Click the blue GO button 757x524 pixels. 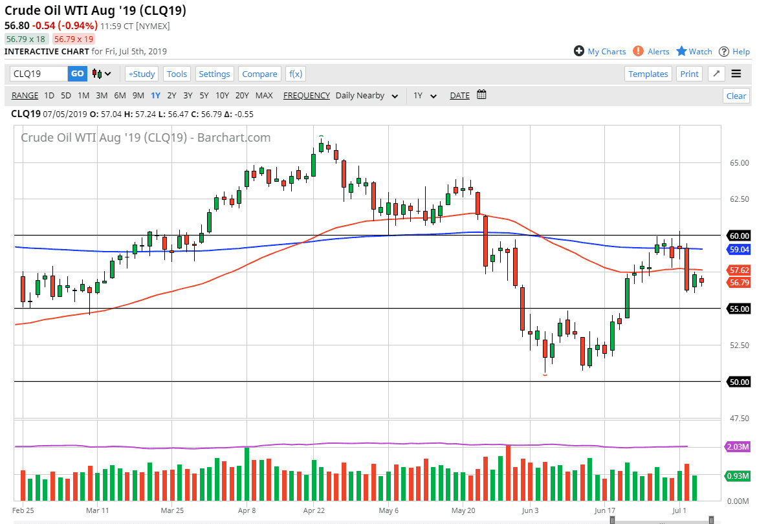(x=77, y=74)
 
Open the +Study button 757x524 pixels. (x=141, y=74)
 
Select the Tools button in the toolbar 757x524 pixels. (x=177, y=74)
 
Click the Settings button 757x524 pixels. (x=214, y=74)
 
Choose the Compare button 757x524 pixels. (x=259, y=74)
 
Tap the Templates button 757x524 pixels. (x=648, y=74)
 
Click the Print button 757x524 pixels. (x=689, y=74)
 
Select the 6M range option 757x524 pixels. (x=120, y=95)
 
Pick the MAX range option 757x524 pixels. (x=264, y=95)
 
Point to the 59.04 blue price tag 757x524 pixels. (x=738, y=249)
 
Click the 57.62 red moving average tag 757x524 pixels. (x=738, y=270)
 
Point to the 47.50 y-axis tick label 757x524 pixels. (x=738, y=419)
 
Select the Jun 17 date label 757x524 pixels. (x=605, y=510)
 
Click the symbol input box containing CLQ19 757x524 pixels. (x=39, y=74)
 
